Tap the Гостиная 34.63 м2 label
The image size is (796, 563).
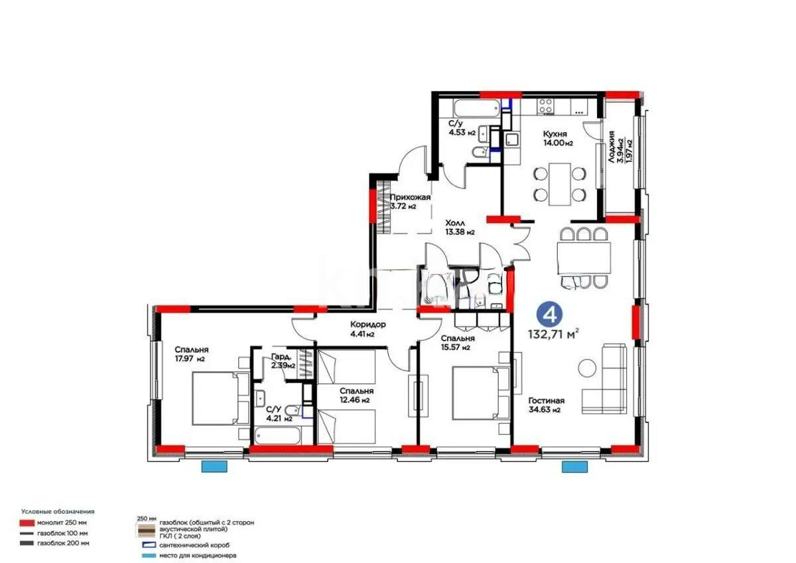click(x=546, y=405)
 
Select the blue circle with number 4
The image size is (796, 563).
click(x=546, y=312)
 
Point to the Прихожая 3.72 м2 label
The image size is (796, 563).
click(x=410, y=201)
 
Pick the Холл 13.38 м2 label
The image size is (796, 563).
click(x=459, y=228)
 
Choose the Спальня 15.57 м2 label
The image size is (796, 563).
click(x=456, y=343)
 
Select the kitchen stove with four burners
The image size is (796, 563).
click(x=545, y=106)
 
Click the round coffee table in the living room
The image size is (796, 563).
click(x=587, y=367)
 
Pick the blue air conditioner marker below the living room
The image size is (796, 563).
click(x=570, y=467)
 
